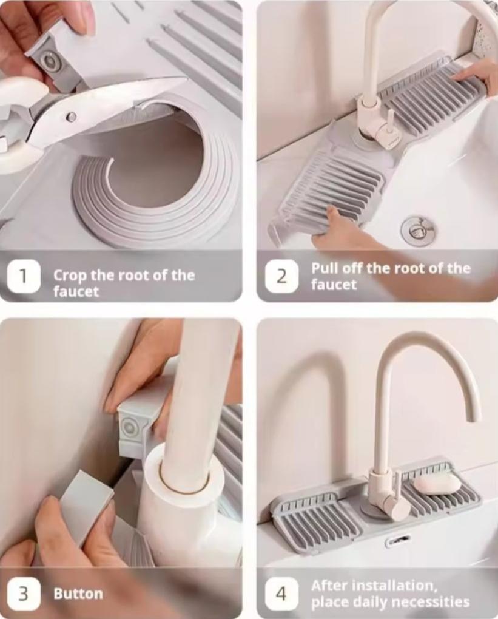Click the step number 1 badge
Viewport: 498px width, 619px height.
pyautogui.click(x=23, y=276)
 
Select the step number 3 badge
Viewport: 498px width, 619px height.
pyautogui.click(x=23, y=594)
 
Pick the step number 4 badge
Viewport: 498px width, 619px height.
pyautogui.click(x=281, y=594)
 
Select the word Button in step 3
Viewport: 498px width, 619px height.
pyautogui.click(x=78, y=594)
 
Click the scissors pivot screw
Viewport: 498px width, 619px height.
pyautogui.click(x=71, y=116)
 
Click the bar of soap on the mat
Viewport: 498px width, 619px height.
pyautogui.click(x=437, y=482)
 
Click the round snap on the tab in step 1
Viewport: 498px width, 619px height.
pyautogui.click(x=50, y=61)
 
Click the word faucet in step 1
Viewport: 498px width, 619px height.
pyautogui.click(x=76, y=292)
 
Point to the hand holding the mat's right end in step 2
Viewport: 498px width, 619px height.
pyautogui.click(x=476, y=77)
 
